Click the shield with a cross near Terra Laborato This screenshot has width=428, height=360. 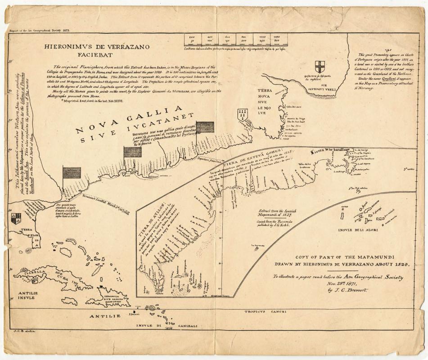pyautogui.click(x=320, y=67)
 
